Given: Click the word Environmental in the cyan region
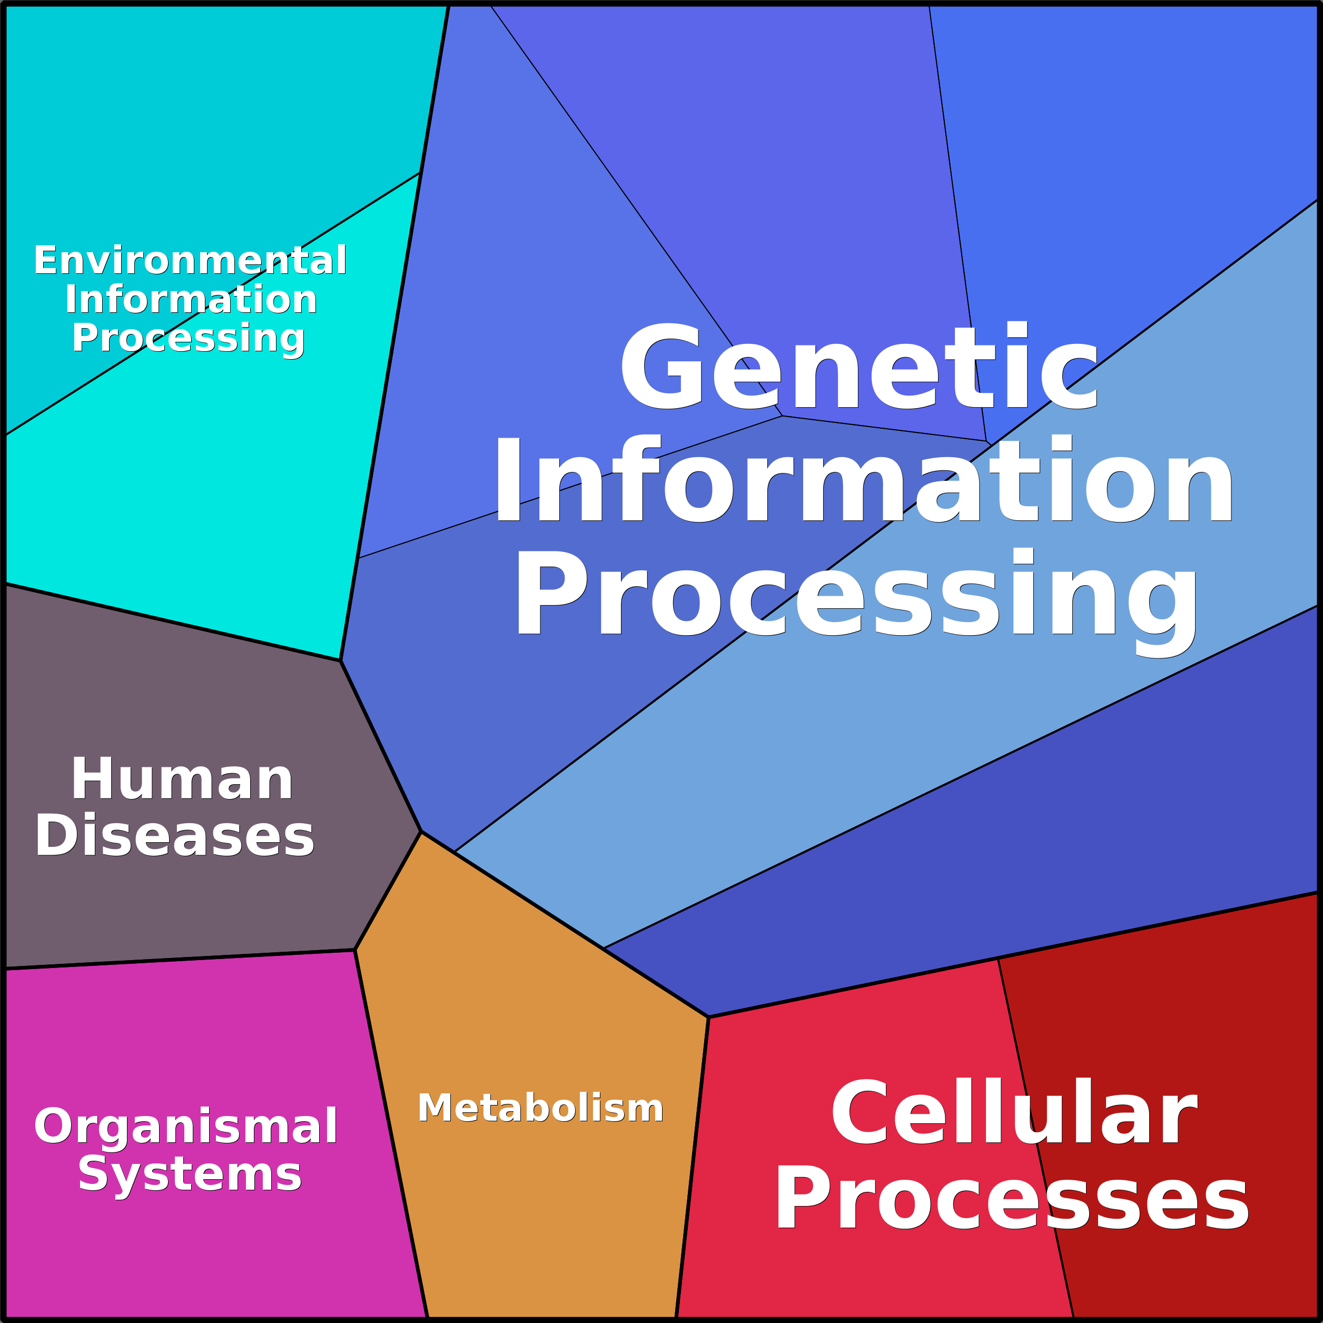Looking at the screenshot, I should tap(190, 261).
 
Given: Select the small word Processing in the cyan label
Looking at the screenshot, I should tap(189, 338).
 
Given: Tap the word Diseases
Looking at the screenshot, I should tap(175, 836).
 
